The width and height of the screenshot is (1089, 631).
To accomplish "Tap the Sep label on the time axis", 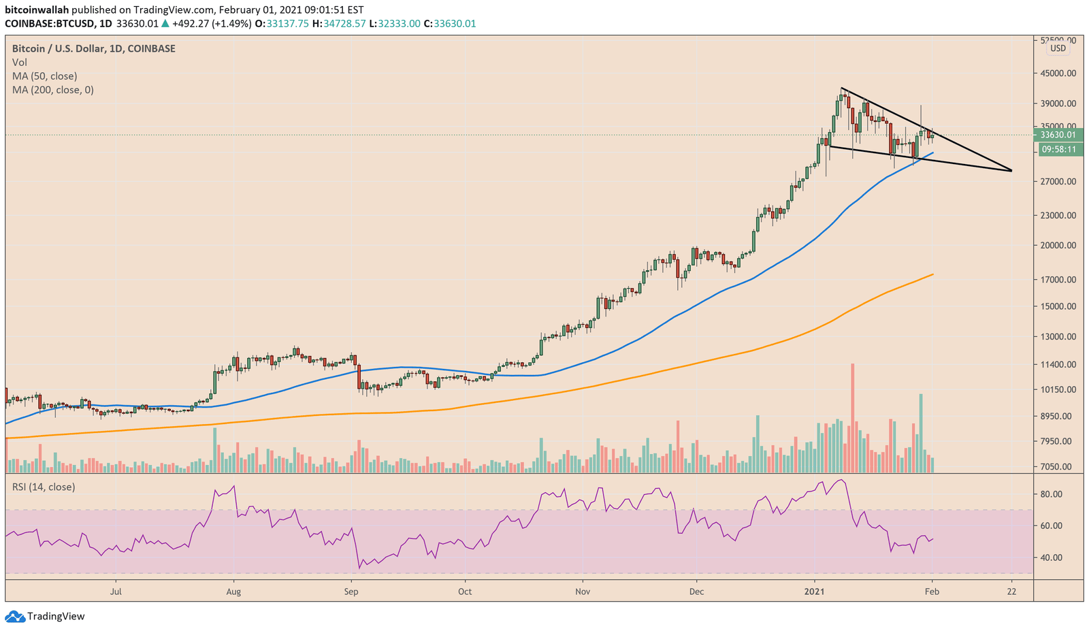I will [351, 592].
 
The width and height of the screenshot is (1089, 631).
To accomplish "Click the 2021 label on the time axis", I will [814, 592].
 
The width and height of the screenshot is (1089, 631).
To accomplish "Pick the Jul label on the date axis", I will [116, 592].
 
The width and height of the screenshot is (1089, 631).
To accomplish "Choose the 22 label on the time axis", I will [1011, 592].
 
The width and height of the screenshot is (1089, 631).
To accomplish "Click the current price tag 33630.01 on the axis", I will [1058, 135].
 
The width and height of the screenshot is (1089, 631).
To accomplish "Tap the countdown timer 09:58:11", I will [1058, 150].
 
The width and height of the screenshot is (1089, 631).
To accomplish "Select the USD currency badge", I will [1058, 48].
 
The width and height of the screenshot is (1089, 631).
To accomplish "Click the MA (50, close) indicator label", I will [45, 76].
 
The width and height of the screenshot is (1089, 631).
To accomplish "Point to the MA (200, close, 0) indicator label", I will [53, 90].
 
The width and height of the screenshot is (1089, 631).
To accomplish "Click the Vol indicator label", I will [20, 63].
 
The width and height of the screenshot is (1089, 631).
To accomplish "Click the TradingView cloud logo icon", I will [14, 617].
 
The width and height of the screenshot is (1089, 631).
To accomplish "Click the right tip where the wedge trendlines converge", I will [1011, 170].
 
